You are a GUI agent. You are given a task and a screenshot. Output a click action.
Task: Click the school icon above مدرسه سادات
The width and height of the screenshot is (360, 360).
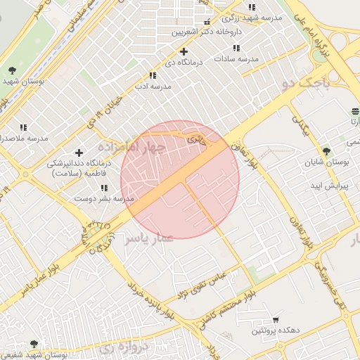(x=236, y=48)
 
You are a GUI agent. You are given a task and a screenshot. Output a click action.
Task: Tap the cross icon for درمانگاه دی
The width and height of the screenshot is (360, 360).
(x=184, y=51)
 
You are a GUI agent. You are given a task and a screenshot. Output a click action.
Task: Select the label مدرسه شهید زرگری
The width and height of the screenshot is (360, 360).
(x=250, y=18)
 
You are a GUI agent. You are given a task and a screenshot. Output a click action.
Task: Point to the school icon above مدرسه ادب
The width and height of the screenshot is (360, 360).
(x=153, y=75)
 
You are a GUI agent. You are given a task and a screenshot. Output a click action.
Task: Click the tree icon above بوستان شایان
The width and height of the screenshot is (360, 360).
(x=326, y=150)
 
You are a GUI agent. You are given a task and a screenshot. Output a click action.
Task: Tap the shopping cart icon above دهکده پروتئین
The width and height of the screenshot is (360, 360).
(x=275, y=319)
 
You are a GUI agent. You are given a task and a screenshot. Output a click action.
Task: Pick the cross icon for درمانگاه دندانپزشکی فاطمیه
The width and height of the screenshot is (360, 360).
(x=79, y=153)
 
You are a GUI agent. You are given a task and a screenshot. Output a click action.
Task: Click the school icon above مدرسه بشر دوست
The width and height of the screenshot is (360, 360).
(x=104, y=188)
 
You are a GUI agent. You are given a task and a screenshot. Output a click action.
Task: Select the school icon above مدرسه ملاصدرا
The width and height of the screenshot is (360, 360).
(x=23, y=127)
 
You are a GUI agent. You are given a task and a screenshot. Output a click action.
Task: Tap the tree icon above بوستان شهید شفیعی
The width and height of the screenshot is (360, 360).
(x=34, y=343)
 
